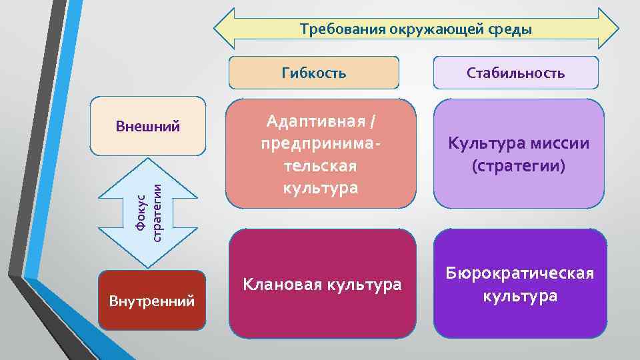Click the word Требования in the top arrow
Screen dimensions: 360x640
click(333, 29)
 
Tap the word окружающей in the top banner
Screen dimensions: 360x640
click(419, 29)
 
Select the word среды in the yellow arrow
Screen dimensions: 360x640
click(507, 29)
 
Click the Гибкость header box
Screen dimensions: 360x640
click(314, 73)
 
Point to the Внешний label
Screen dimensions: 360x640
click(148, 125)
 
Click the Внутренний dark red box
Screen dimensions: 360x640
click(151, 301)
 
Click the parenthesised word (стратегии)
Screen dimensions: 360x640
click(519, 166)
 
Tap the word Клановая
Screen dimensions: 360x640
click(281, 285)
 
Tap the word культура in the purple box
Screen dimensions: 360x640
click(520, 295)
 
